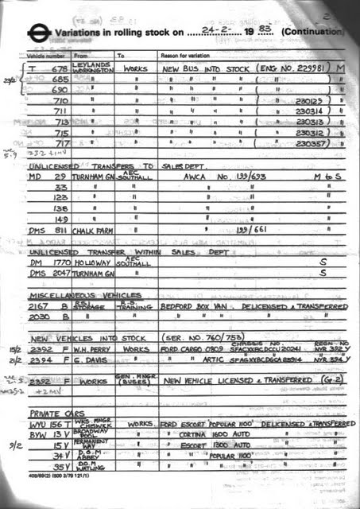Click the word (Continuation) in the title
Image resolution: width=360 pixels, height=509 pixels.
[313, 33]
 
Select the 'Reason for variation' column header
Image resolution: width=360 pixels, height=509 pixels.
[187, 56]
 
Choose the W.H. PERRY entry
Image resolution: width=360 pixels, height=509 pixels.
[95, 348]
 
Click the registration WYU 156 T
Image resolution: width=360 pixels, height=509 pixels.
[48, 425]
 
